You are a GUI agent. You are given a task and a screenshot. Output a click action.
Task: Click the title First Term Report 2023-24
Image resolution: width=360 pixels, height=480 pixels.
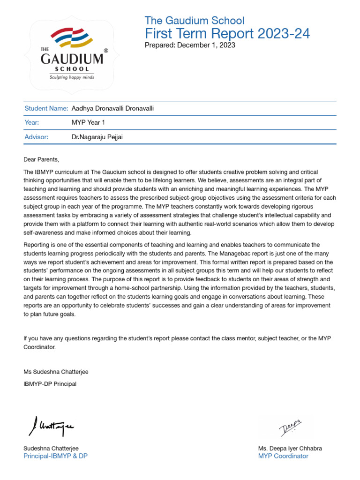pyautogui.click(x=227, y=34)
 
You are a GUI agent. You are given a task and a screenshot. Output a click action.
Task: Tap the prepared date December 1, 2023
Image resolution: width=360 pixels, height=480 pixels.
pyautogui.click(x=206, y=45)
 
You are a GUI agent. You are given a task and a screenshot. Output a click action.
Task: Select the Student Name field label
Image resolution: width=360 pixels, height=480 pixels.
pyautogui.click(x=46, y=109)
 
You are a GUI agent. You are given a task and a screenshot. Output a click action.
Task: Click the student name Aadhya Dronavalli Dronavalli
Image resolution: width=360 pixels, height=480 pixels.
pyautogui.click(x=112, y=109)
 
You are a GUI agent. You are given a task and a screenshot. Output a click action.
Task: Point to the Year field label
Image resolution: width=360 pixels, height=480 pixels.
pyautogui.click(x=31, y=123)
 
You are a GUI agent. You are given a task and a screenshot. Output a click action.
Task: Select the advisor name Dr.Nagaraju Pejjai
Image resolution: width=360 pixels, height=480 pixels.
pyautogui.click(x=97, y=137)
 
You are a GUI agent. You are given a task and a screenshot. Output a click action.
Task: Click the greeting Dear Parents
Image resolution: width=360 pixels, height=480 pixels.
pyautogui.click(x=42, y=160)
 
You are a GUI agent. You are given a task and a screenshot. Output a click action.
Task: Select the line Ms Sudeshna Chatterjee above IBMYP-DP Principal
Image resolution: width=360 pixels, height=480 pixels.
pyautogui.click(x=56, y=372)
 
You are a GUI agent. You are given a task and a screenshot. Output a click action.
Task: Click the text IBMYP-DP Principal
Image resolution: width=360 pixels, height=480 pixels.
pyautogui.click(x=50, y=384)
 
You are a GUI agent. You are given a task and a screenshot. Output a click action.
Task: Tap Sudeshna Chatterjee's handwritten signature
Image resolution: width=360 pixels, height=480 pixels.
pyautogui.click(x=51, y=427)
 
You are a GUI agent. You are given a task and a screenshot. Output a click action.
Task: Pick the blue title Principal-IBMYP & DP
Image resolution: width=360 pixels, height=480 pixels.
pyautogui.click(x=55, y=456)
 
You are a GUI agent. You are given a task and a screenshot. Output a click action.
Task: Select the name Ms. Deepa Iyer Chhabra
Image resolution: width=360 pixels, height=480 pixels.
pyautogui.click(x=290, y=449)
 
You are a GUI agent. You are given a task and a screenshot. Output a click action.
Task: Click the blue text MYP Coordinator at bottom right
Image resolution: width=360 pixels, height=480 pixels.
pyautogui.click(x=283, y=456)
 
